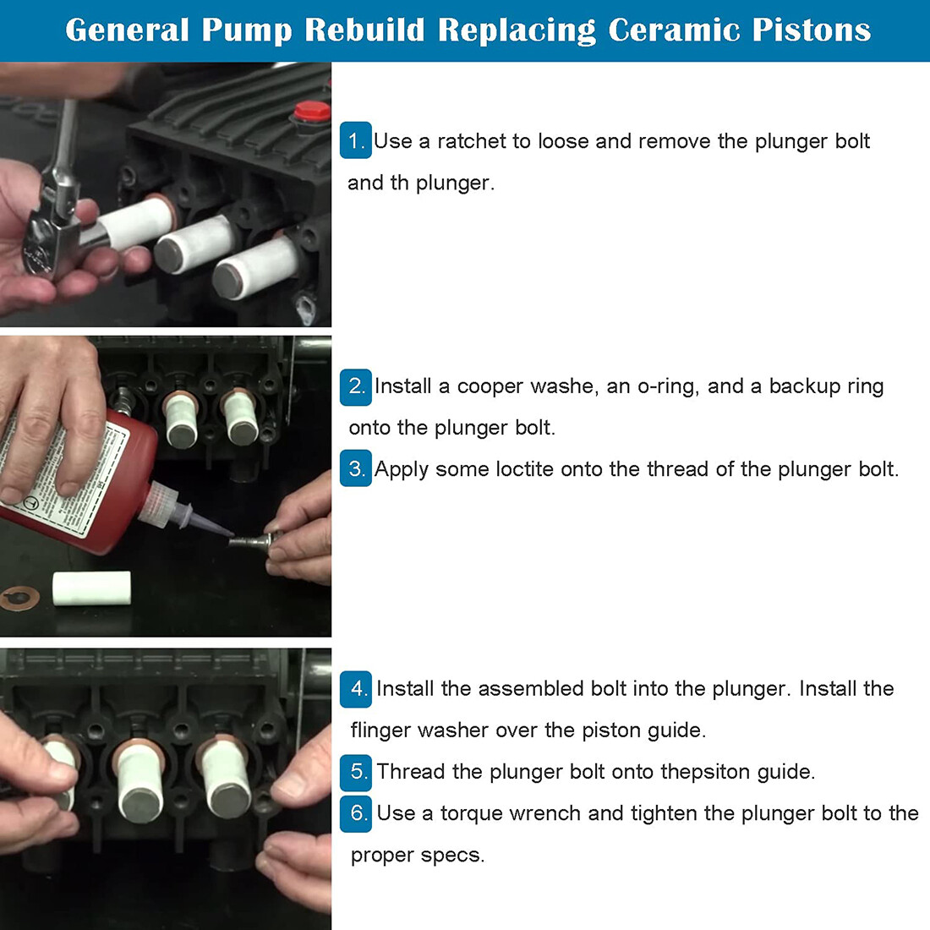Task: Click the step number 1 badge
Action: point(355,141)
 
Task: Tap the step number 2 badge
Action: point(356,386)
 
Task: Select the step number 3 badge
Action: point(356,469)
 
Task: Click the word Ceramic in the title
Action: point(674,30)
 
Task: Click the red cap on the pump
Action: point(311,112)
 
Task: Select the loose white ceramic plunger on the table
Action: point(91,588)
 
